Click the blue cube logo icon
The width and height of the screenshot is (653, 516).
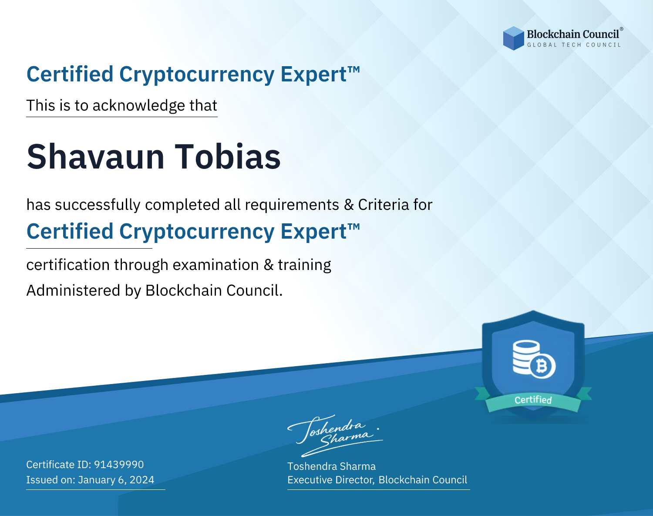pos(513,38)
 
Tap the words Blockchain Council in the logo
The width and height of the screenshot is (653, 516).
pos(573,34)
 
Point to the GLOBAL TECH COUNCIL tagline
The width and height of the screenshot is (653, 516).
pos(574,45)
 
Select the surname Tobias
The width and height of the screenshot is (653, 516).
pos(228,157)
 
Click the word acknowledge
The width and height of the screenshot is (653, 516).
pos(139,106)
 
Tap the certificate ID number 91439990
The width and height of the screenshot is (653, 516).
pos(119,464)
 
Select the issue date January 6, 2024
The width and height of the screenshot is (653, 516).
pos(116,480)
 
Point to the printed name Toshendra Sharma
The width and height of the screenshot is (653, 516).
pos(331,466)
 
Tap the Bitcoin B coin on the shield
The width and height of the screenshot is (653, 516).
pos(542,366)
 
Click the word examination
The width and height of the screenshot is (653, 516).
pos(216,265)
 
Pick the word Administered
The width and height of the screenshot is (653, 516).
pos(73,290)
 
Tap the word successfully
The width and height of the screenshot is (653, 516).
pos(98,205)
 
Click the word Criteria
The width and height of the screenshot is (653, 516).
pos(383,205)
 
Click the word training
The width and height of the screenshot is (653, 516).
pos(304,265)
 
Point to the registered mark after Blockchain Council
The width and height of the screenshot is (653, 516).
pos(622,29)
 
